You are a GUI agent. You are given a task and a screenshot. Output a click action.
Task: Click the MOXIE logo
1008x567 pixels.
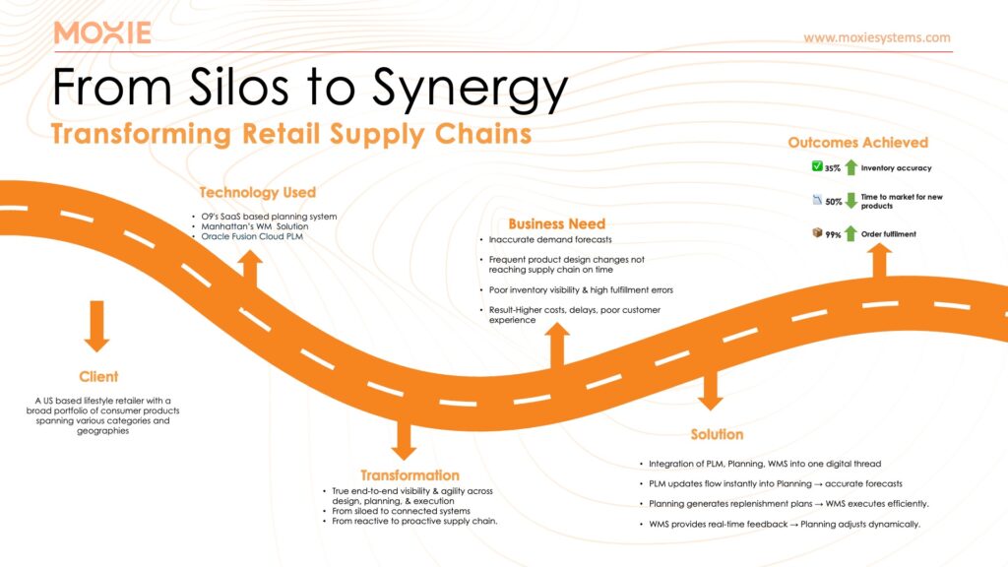click(102, 32)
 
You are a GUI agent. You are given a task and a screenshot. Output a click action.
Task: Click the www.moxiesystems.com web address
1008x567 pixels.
click(876, 37)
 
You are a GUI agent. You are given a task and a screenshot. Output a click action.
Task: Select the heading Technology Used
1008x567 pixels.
click(257, 192)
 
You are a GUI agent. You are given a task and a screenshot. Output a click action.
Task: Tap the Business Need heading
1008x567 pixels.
click(556, 223)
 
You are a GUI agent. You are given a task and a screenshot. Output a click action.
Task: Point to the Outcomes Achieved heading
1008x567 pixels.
click(857, 144)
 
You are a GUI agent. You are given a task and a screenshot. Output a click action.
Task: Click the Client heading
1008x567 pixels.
click(98, 376)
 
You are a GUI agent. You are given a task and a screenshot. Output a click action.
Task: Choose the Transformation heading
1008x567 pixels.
click(409, 474)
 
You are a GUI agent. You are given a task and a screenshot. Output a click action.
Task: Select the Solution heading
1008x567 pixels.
click(716, 434)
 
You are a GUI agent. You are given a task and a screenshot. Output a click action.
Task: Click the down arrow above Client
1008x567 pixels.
click(96, 326)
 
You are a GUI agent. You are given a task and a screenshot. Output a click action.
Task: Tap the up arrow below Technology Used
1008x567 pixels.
click(250, 268)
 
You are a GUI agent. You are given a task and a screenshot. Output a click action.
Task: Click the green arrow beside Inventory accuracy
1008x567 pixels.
click(850, 168)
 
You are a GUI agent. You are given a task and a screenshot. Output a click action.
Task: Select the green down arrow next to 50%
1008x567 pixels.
click(850, 201)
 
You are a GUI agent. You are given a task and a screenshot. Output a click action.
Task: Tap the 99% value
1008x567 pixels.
click(833, 234)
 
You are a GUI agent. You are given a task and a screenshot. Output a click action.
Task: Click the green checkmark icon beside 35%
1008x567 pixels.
click(815, 167)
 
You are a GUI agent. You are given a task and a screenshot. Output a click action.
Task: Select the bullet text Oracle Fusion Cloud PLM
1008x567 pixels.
click(250, 236)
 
